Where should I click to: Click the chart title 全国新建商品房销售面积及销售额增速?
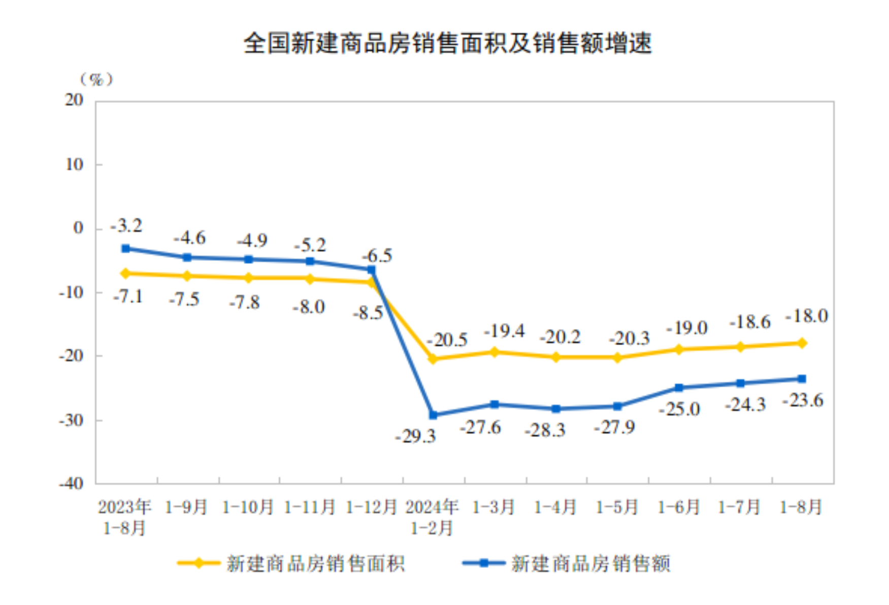click(447, 43)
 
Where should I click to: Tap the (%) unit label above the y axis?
click(96, 80)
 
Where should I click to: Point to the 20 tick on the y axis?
click(74, 100)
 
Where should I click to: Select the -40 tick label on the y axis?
click(71, 483)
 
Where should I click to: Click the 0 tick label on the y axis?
click(78, 228)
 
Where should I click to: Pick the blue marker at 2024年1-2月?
click(433, 415)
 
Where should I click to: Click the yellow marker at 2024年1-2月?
click(433, 359)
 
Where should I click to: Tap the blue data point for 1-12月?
click(372, 270)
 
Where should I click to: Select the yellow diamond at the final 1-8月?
click(802, 343)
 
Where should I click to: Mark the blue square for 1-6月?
click(679, 388)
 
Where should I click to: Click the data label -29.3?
click(416, 436)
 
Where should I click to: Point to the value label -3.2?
click(126, 225)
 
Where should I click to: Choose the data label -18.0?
click(806, 316)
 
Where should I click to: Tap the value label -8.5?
click(368, 313)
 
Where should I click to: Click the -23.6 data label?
click(803, 400)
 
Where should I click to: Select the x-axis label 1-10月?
click(248, 507)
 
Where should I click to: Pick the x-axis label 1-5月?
click(617, 507)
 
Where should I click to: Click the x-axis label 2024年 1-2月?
click(432, 517)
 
